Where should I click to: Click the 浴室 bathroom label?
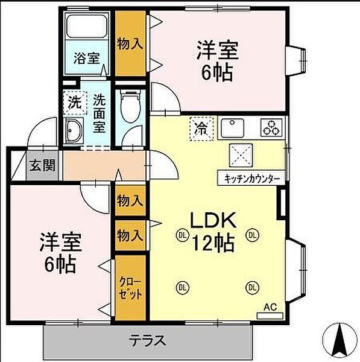pyautogui.click(x=87, y=59)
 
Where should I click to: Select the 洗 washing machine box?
pyautogui.click(x=73, y=102)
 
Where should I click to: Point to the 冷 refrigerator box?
pyautogui.click(x=200, y=127)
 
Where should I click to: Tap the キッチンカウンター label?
pyautogui.click(x=251, y=179)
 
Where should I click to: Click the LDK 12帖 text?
pyautogui.click(x=215, y=232)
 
